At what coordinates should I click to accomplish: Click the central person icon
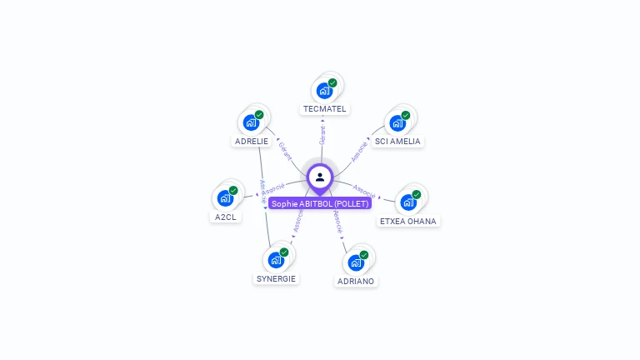[320, 177]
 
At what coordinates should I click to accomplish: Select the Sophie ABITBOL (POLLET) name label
[320, 203]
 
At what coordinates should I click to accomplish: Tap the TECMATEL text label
[324, 109]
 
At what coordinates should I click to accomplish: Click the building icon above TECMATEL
[324, 91]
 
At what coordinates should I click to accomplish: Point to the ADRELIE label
[251, 141]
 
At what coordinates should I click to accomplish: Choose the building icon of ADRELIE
[251, 122]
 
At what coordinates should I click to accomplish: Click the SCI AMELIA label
[397, 141]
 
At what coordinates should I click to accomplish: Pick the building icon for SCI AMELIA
[397, 122]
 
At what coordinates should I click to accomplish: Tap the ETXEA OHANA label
[408, 221]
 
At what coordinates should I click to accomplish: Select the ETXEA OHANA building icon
[408, 202]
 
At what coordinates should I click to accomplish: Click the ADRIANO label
[356, 281]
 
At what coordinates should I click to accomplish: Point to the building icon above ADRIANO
[356, 262]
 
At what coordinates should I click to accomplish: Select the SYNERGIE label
[276, 278]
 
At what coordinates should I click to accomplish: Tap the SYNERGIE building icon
[276, 260]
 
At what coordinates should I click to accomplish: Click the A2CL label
[225, 217]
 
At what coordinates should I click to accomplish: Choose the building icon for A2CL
[225, 198]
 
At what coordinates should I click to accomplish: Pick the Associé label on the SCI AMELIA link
[359, 151]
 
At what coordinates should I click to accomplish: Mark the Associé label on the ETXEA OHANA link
[364, 191]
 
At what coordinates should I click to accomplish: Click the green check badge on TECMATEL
[332, 83]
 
